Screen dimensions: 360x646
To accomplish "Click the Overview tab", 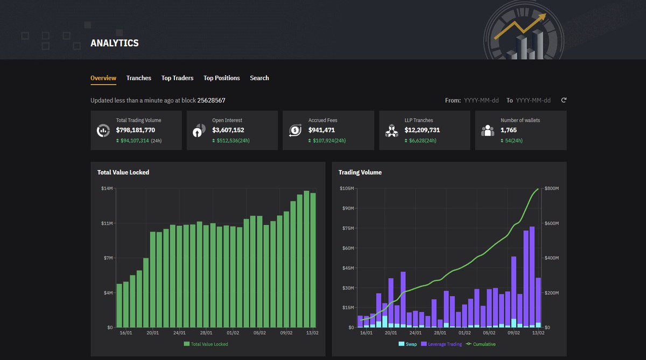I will click(x=103, y=78).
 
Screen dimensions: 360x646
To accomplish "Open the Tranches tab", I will click(x=139, y=78).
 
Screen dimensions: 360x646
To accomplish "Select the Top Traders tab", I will click(x=177, y=78).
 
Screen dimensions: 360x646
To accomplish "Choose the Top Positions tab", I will click(x=222, y=78).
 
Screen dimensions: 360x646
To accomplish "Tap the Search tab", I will click(x=259, y=78).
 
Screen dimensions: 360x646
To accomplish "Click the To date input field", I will click(x=533, y=101).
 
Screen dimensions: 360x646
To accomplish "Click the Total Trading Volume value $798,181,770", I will click(x=136, y=130).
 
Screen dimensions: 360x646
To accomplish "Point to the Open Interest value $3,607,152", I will click(x=228, y=130).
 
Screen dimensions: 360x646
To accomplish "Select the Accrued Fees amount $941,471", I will click(x=322, y=130).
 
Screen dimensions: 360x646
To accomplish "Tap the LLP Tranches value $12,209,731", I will click(x=422, y=130).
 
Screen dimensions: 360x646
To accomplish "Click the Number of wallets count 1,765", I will click(x=509, y=130).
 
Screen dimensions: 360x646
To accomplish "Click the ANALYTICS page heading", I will click(x=115, y=43).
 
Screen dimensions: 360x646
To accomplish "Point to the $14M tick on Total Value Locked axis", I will click(x=107, y=188).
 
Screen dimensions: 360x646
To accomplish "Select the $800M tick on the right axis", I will click(x=551, y=188).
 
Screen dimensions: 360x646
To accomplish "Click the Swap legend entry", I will click(x=408, y=344).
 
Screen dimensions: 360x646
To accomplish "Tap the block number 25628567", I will click(x=211, y=101).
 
